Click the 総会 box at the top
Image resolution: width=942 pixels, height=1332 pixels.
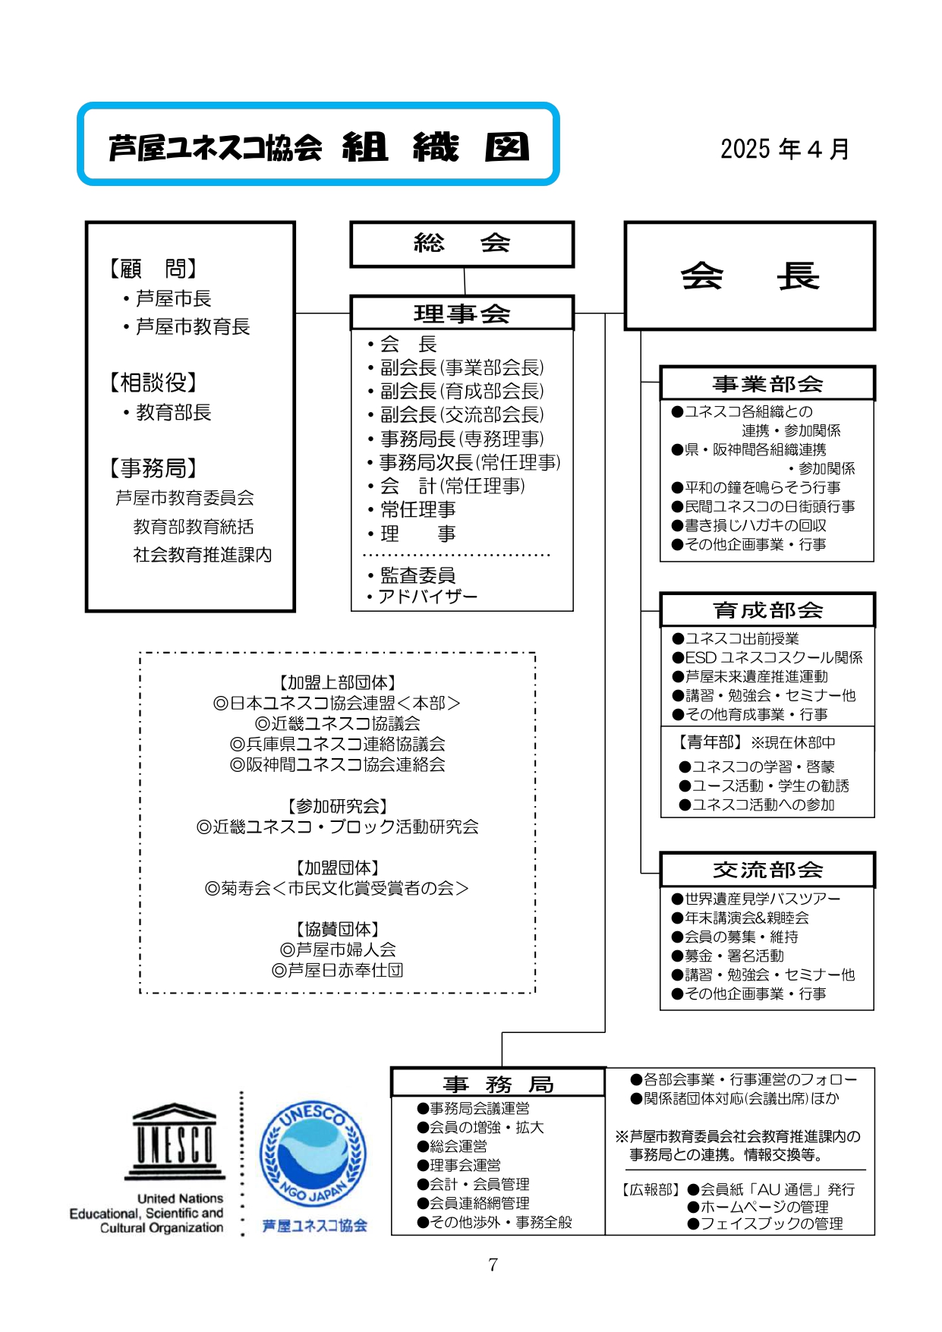tap(462, 244)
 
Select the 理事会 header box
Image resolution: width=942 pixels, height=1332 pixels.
tap(462, 313)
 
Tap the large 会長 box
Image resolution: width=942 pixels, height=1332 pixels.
tap(749, 276)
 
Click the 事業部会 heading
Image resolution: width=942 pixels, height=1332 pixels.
tap(767, 383)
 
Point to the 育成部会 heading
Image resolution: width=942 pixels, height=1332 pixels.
tap(767, 609)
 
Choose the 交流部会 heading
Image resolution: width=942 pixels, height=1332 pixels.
tap(767, 870)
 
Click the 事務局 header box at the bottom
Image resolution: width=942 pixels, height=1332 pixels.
tap(498, 1082)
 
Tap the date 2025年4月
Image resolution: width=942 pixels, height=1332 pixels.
tap(784, 149)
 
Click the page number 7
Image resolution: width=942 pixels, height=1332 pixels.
tap(493, 1264)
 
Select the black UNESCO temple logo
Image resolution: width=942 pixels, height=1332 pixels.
tap(175, 1141)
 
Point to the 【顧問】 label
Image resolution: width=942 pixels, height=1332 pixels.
tap(153, 269)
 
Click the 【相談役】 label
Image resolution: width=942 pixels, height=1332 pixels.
tap(153, 383)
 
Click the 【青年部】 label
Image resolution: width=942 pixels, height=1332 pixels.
tap(706, 742)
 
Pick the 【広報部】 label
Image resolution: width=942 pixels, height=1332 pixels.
tap(651, 1189)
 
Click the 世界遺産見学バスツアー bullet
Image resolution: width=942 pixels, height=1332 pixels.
tap(756, 899)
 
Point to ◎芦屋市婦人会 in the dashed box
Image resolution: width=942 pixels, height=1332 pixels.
tap(338, 949)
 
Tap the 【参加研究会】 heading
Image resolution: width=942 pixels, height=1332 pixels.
tap(338, 806)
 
